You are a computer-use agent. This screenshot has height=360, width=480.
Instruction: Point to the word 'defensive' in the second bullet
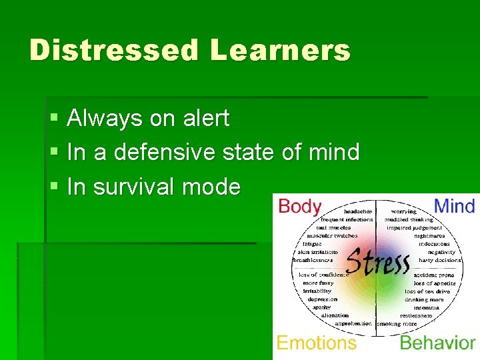161,153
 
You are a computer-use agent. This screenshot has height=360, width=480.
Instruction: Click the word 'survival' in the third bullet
134,187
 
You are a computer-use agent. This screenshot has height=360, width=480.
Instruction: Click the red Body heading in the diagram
299,206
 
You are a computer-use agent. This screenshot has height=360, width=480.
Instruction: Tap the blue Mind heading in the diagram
455,206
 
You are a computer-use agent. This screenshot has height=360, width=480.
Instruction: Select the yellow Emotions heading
316,343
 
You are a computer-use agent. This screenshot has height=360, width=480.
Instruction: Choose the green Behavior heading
437,343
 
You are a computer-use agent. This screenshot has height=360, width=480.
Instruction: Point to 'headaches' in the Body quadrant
358,211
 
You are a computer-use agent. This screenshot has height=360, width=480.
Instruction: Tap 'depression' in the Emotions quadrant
323,299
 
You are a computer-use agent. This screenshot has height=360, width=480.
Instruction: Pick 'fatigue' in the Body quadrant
312,244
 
